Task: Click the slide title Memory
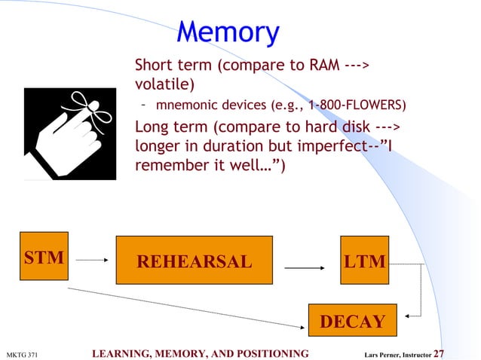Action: pos(228,32)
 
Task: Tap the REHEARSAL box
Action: pos(194,261)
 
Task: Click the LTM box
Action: pos(364,261)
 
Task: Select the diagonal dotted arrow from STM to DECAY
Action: pos(188,307)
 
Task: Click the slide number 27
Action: pos(440,353)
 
